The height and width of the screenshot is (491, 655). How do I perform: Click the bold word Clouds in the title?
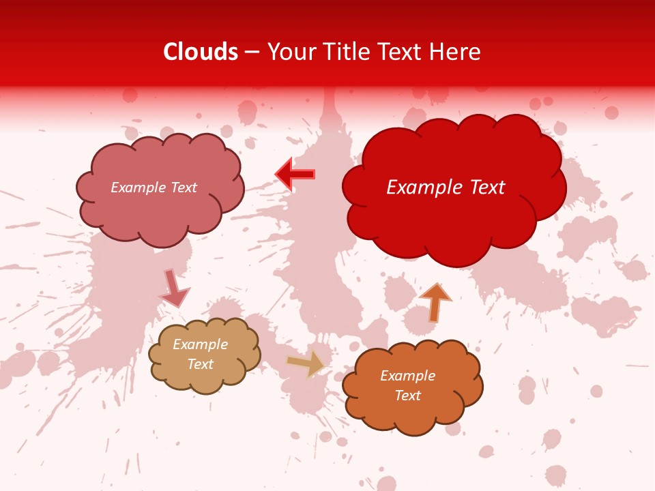pyautogui.click(x=201, y=52)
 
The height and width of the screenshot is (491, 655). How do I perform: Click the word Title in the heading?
pyautogui.click(x=342, y=52)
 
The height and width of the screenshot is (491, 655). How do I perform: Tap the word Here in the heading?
pyautogui.click(x=456, y=52)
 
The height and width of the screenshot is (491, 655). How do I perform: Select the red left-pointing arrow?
pyautogui.click(x=295, y=175)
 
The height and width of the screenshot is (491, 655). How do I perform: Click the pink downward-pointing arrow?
pyautogui.click(x=173, y=288)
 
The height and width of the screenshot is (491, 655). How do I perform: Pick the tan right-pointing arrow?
pyautogui.click(x=306, y=363)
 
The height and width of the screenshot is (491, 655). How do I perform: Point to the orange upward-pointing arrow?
pyautogui.click(x=435, y=301)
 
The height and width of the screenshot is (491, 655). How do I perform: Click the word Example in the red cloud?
pyautogui.click(x=419, y=188)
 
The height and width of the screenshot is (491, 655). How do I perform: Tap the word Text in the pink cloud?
pyautogui.click(x=184, y=188)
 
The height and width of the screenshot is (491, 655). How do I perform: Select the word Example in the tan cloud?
pyautogui.click(x=200, y=344)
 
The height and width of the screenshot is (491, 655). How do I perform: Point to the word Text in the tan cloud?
pyautogui.click(x=200, y=364)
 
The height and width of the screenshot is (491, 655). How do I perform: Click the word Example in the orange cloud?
pyautogui.click(x=407, y=376)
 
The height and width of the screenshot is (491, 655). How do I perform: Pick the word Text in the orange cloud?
pyautogui.click(x=407, y=396)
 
